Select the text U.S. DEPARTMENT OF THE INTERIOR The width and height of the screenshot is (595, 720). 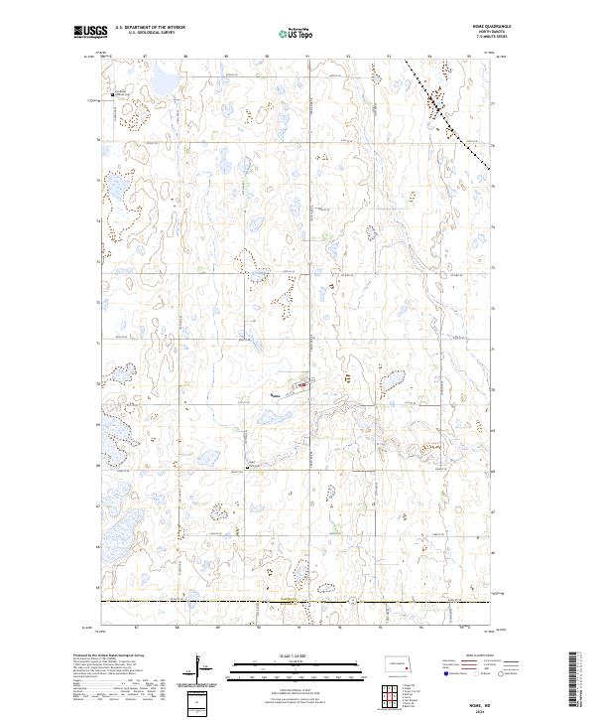click(150, 29)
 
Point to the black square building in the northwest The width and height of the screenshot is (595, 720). click(112, 94)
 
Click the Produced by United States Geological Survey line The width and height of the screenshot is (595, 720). click(109, 656)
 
